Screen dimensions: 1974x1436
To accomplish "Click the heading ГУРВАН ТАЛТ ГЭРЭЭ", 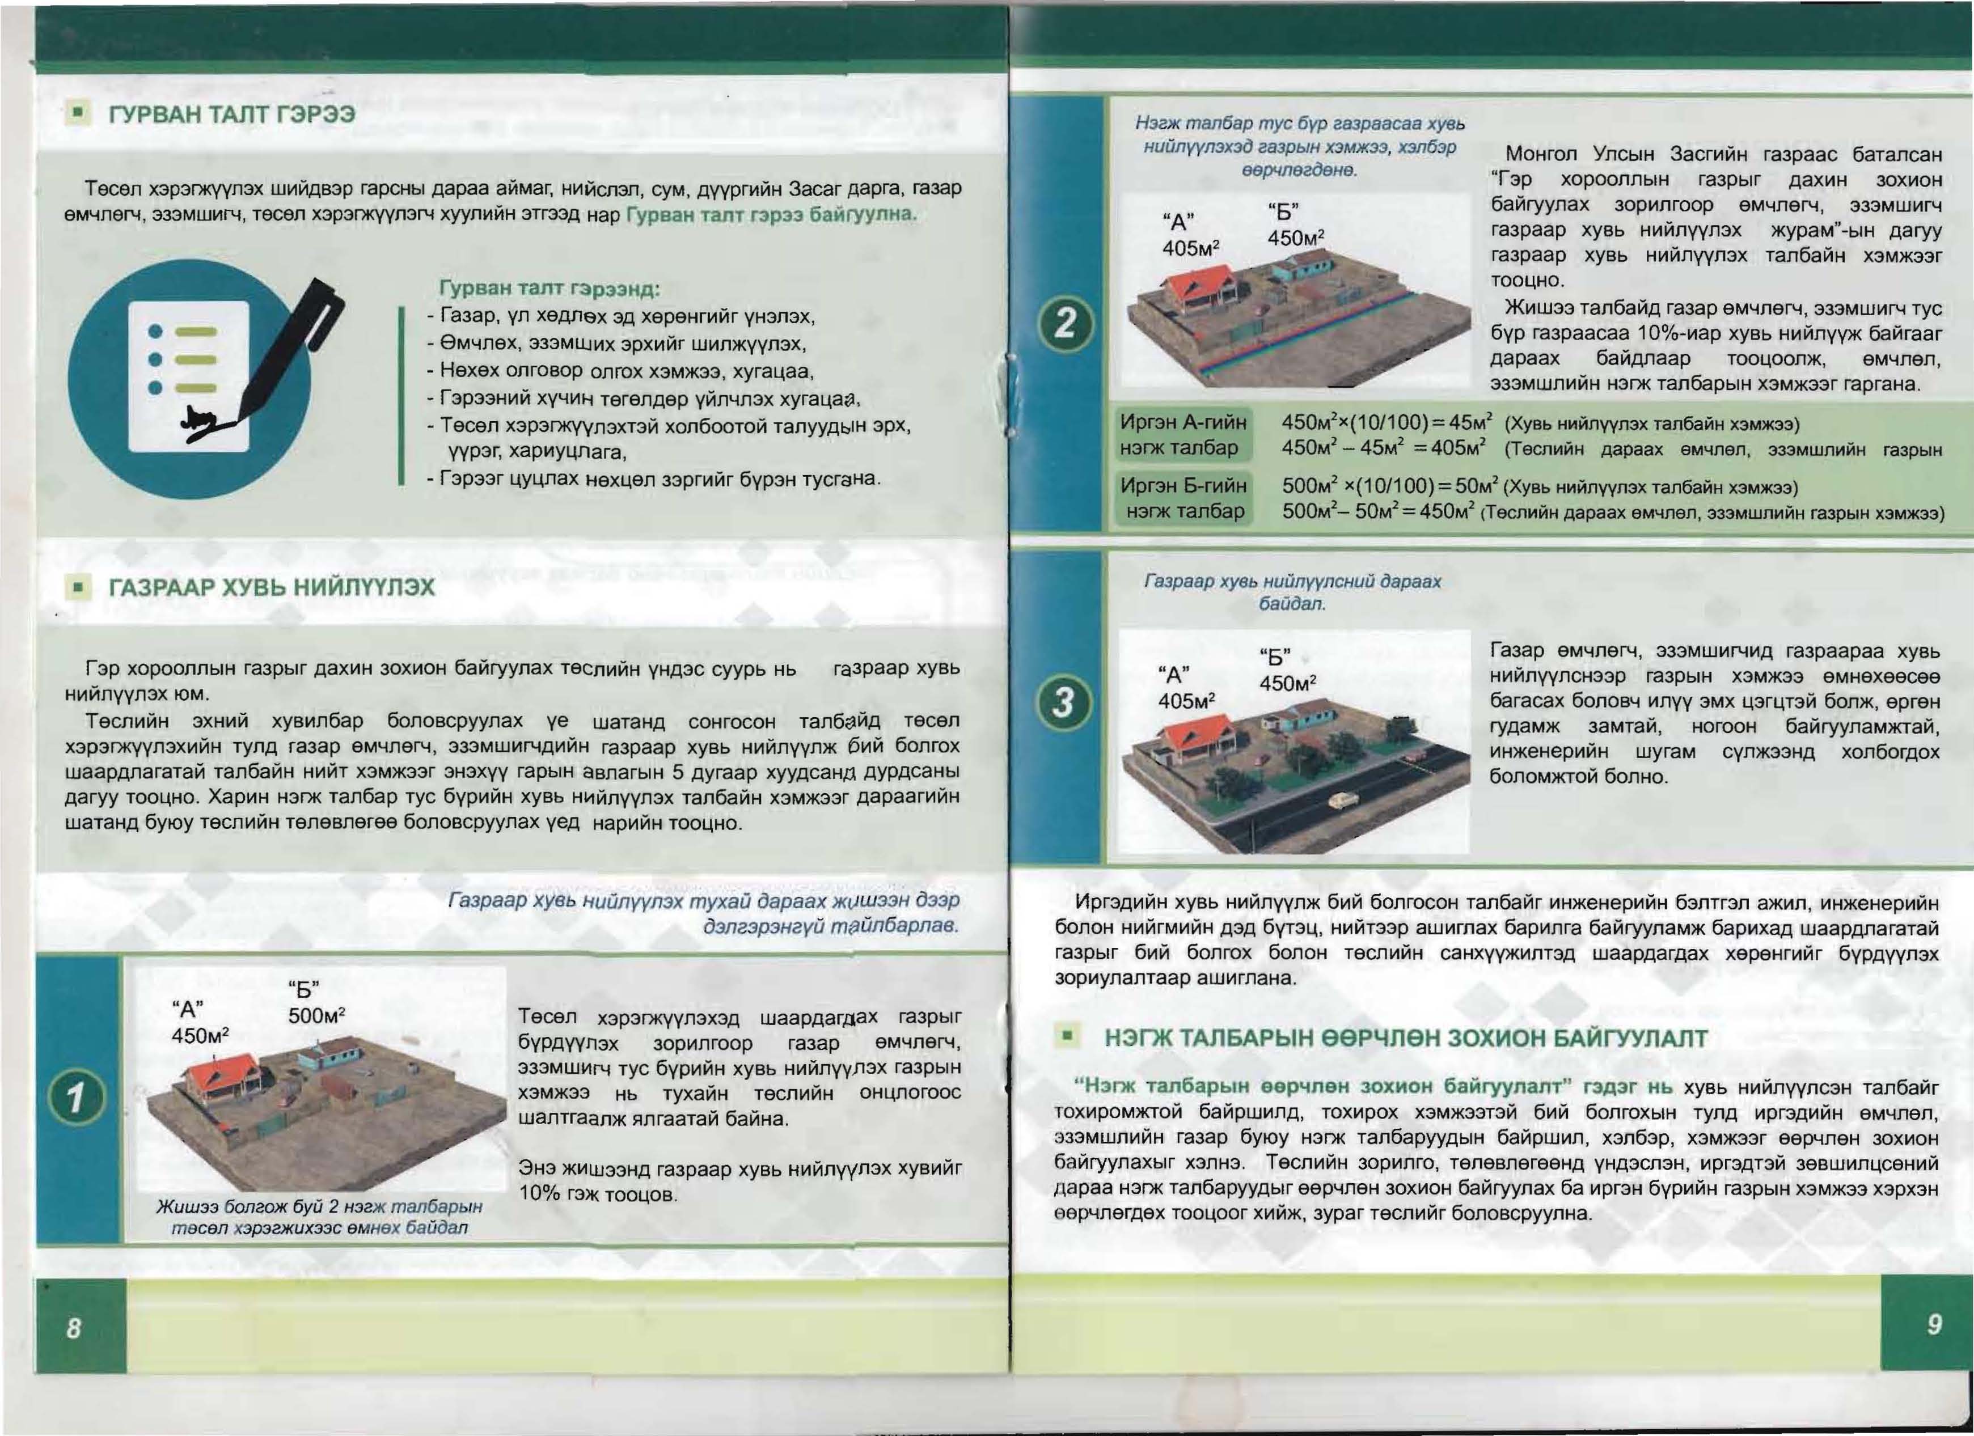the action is [231, 115].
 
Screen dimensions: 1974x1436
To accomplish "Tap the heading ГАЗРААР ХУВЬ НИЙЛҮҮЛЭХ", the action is [272, 587].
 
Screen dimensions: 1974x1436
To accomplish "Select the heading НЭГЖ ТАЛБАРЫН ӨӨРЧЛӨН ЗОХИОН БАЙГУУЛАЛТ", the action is [1406, 1038].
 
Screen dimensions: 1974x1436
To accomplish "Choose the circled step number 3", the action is [1064, 701].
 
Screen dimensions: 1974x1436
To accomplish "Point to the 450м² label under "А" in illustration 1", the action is [200, 1036].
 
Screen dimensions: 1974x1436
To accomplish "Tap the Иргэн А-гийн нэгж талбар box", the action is [1183, 435].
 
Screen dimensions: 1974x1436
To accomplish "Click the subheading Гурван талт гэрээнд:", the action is [549, 288].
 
